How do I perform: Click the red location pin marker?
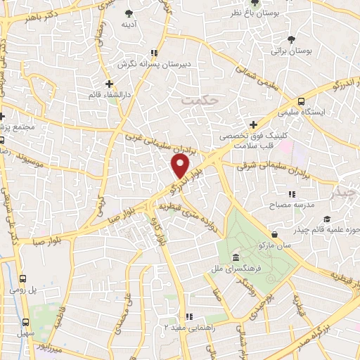[x=181, y=167]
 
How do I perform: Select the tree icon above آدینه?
[x=128, y=13]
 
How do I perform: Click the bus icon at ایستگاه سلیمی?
[x=301, y=100]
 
